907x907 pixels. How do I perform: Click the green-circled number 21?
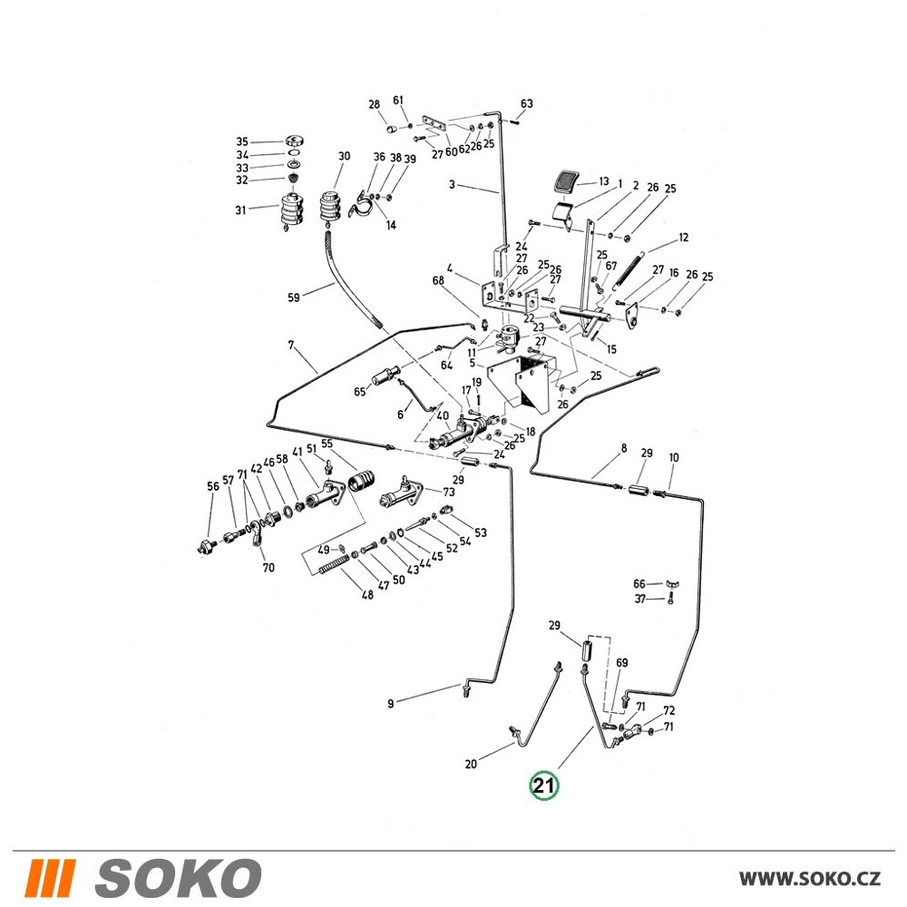544,785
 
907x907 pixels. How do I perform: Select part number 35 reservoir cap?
295,141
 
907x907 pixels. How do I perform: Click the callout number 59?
294,297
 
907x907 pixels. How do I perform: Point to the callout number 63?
526,103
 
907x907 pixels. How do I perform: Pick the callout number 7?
291,346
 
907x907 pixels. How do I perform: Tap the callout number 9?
390,704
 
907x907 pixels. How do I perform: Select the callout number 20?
471,764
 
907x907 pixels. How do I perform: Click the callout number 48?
367,594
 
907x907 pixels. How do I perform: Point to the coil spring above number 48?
334,564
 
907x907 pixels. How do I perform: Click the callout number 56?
213,486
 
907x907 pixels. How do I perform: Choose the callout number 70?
268,568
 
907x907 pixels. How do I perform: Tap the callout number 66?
639,583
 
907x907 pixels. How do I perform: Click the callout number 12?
684,237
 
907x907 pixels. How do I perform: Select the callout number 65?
360,392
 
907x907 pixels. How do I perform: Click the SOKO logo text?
178,877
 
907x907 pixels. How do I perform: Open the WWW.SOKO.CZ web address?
810,878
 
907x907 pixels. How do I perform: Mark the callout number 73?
449,492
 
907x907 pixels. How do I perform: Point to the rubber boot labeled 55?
360,482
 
